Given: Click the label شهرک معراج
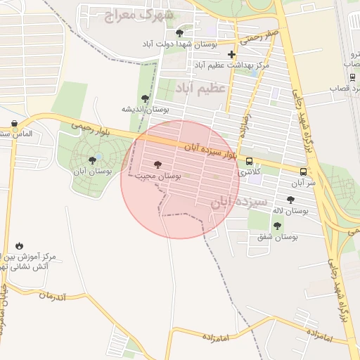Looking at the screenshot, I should [x=138, y=15].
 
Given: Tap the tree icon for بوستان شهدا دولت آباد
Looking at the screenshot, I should [x=179, y=32].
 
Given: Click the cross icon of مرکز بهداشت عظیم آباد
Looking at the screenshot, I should [x=231, y=54].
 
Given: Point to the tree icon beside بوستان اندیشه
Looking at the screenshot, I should [x=145, y=98].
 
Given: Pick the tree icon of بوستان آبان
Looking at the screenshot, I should [x=92, y=160].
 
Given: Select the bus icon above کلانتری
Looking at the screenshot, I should [x=250, y=160].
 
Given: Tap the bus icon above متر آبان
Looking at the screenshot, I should [x=303, y=172].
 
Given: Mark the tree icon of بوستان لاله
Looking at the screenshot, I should [x=290, y=200].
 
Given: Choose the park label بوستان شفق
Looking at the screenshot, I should [x=277, y=237].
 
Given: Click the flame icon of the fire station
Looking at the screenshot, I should [x=19, y=246].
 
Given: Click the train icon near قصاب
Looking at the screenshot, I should [x=352, y=77].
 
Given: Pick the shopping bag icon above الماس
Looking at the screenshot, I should [x=15, y=124].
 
